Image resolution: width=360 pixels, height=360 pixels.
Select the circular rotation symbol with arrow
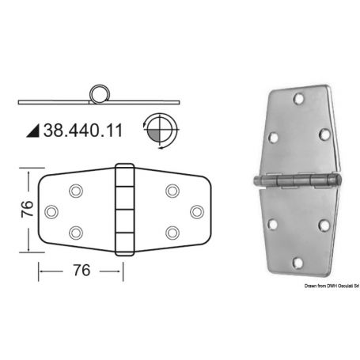161,129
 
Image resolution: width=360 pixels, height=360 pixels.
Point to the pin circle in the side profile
100,93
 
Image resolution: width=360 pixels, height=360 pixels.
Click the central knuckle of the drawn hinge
124,211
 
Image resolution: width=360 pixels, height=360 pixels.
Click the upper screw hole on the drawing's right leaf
172,191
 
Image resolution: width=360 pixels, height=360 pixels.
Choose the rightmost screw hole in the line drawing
196,211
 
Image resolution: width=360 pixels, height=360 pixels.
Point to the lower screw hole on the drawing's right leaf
172,233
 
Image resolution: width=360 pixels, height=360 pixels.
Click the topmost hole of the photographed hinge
297,100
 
